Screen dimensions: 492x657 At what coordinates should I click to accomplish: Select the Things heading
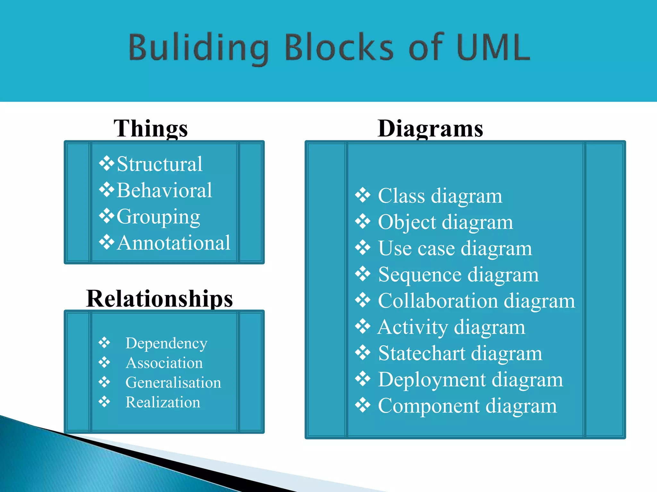151,128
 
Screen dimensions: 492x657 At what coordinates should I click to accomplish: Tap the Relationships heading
159,299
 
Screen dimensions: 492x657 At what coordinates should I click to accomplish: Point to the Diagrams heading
430,128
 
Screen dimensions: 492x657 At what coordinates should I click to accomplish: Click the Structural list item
159,164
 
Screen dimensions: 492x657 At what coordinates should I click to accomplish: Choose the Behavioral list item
164,190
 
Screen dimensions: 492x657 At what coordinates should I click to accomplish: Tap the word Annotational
174,243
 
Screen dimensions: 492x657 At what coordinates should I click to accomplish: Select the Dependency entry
166,343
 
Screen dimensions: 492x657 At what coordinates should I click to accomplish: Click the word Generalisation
173,382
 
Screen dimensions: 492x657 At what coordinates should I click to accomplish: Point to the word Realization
163,402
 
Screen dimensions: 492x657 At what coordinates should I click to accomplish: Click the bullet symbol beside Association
104,363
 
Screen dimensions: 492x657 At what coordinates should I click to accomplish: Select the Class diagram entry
440,196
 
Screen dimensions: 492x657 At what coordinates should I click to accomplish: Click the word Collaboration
438,301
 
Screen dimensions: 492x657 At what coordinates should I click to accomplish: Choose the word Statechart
421,353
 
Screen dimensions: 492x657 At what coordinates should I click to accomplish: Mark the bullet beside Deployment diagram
363,379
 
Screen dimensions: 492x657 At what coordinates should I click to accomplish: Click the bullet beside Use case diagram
363,248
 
